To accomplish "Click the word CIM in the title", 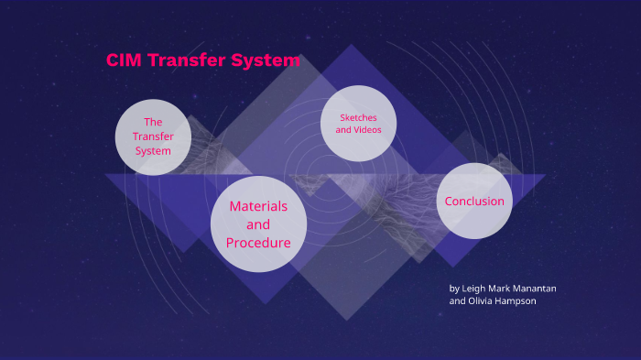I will [124, 61].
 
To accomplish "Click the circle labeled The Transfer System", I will [153, 136].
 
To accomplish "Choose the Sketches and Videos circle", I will [358, 124].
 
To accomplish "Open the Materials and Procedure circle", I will [258, 224].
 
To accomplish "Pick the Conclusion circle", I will [473, 201].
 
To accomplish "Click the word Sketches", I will [358, 118].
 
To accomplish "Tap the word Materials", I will [258, 206].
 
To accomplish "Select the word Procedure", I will [258, 243].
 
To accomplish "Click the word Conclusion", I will [473, 201].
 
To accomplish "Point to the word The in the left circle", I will [153, 122].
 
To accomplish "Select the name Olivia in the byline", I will [483, 301].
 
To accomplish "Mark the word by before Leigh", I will [454, 288].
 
